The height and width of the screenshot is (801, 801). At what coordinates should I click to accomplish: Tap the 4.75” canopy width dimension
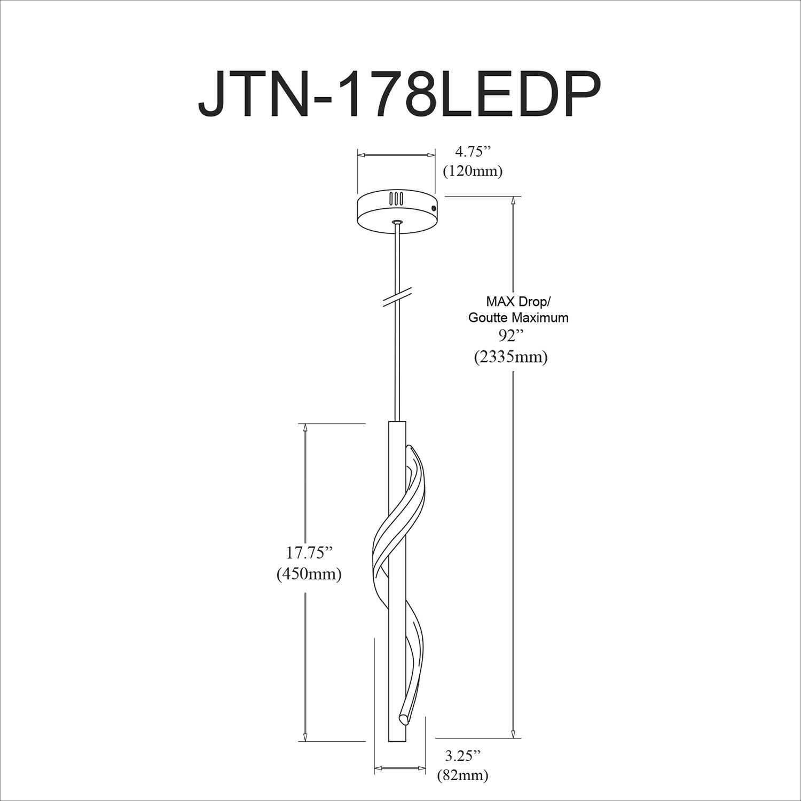[x=473, y=152]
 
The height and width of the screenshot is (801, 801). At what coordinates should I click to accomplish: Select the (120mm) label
[x=473, y=171]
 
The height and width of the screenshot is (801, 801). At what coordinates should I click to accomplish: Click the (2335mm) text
[x=511, y=357]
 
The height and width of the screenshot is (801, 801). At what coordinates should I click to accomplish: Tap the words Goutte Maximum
[x=518, y=318]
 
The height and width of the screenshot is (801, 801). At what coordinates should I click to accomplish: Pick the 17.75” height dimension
[x=305, y=553]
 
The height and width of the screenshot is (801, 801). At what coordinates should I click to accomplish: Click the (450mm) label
[x=309, y=574]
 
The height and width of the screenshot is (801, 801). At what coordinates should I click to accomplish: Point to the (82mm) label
[x=462, y=775]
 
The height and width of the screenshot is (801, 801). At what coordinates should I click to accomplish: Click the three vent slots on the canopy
[x=396, y=199]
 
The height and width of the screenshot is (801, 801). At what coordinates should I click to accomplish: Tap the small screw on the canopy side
[x=434, y=208]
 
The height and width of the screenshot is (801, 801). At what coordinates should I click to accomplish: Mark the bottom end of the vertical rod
[x=397, y=739]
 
